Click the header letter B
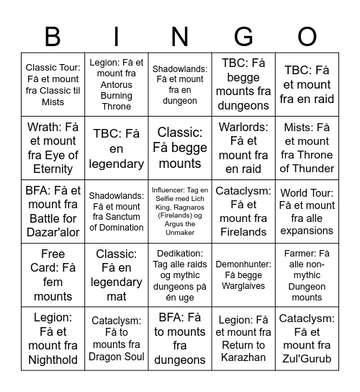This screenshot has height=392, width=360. pos(53,35)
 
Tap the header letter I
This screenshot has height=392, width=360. pos(117,35)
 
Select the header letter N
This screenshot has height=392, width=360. pos(179,35)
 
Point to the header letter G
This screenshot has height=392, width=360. pos(243,35)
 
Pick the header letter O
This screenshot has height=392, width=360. pos(307,35)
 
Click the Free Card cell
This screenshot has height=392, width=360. pos(53,275)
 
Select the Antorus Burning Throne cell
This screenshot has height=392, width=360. pos(117,84)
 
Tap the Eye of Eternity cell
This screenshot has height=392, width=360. pos(53,148)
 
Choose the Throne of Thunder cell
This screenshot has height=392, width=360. pos(307,148)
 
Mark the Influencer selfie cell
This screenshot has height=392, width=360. pos(179,211)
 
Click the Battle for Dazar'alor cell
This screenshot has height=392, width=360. pos(53,211)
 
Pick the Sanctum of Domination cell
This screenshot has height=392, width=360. pos(117,211)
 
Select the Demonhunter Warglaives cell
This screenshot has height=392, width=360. pos(243,275)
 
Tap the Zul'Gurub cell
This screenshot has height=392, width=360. pos(307,339)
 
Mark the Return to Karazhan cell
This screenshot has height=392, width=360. pos(243,339)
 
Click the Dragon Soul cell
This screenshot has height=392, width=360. pos(117,339)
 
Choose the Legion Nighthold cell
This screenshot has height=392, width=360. pos(53,339)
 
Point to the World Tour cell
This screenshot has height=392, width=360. pos(307,211)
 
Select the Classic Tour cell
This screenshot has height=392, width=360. pos(53,84)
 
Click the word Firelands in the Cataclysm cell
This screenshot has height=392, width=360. pos(243,231)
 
